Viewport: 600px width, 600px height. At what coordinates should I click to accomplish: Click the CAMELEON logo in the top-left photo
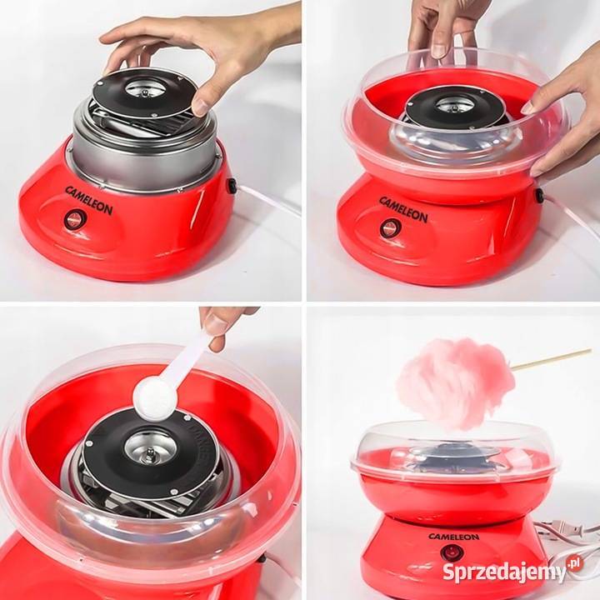[x=89, y=200]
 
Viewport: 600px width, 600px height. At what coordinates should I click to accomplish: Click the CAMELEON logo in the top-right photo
[x=403, y=210]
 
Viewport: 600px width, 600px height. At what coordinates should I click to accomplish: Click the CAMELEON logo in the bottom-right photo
[x=453, y=537]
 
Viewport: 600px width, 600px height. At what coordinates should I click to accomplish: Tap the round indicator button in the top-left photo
[x=75, y=219]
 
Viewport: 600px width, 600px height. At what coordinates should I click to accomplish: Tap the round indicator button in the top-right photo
[x=390, y=227]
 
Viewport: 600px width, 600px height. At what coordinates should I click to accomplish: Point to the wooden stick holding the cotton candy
[x=551, y=359]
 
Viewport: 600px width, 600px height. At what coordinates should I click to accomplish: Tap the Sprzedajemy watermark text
[x=504, y=572]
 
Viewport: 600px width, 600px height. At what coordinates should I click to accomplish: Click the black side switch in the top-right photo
[x=540, y=195]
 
